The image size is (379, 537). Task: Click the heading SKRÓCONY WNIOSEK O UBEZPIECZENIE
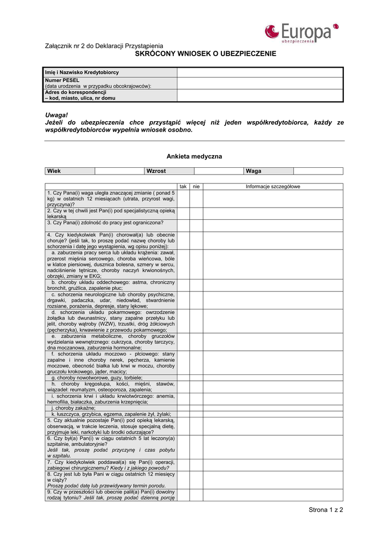(205, 54)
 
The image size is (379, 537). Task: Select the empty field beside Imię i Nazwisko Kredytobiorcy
(259, 72)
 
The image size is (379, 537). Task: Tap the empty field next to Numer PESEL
(259, 83)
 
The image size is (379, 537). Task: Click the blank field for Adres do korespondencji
(259, 95)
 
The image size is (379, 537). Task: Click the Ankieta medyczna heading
(194, 156)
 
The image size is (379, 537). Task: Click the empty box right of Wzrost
(218, 171)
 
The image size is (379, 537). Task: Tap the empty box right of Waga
(318, 171)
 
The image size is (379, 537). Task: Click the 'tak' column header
(183, 187)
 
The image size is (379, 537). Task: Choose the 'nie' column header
(196, 187)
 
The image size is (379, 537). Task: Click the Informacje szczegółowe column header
(273, 187)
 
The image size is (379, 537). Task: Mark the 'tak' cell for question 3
(183, 223)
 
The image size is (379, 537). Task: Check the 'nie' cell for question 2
(196, 213)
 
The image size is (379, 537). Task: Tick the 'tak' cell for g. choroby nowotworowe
(183, 378)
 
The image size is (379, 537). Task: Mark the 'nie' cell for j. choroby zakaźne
(196, 408)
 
